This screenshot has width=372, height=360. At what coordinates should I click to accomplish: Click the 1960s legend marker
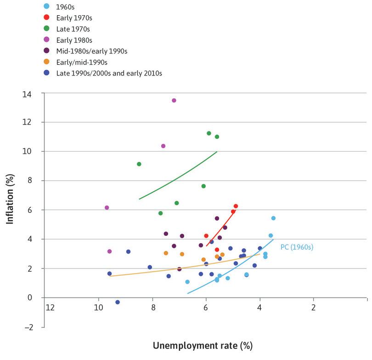47,6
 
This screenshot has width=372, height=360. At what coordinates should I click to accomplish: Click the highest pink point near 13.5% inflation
174,100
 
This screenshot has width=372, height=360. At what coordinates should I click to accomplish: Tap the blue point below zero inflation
118,302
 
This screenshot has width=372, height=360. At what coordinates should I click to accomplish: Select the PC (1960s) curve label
296,247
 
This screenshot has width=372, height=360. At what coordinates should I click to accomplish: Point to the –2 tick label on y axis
33,327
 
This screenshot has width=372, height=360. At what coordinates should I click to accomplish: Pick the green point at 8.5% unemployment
139,164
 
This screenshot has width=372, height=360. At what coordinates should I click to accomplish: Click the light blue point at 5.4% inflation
273,218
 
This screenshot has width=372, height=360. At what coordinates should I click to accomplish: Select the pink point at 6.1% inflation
107,208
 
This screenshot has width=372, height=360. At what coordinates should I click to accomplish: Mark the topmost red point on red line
236,206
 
